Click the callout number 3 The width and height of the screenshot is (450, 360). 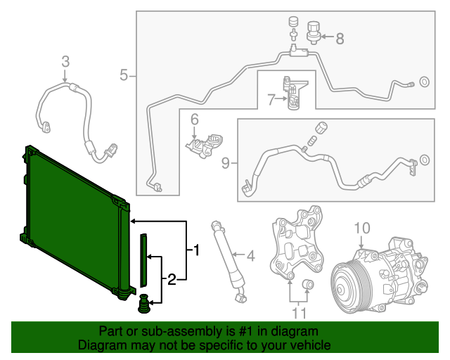(65, 62)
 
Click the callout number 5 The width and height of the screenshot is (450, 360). (124, 75)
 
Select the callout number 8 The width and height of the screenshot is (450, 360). (340, 39)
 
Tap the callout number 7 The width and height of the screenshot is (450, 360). (271, 100)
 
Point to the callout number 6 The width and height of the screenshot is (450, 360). (194, 120)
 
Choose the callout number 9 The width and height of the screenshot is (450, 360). (226, 163)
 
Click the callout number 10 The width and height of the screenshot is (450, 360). (361, 228)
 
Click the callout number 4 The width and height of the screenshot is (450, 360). (249, 255)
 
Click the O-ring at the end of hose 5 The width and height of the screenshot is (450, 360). (425, 84)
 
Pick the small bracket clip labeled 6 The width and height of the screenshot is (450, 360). (202, 144)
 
